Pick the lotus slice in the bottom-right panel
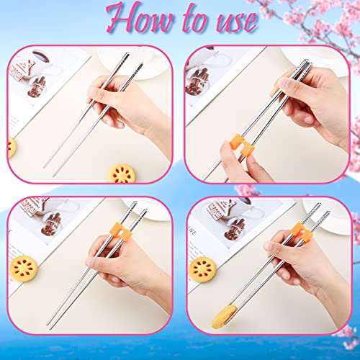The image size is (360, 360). (x=203, y=269)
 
